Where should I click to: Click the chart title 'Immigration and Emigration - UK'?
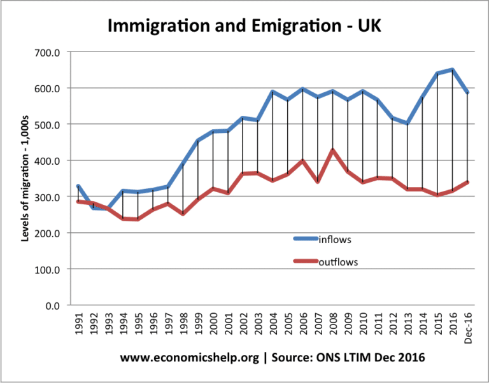tap(244, 26)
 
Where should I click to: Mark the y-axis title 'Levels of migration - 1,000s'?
tap(27, 178)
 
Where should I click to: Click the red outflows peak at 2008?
tap(332, 150)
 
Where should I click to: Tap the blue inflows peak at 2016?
tap(451, 70)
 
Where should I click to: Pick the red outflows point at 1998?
tap(182, 214)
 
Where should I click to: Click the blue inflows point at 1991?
tap(78, 186)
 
